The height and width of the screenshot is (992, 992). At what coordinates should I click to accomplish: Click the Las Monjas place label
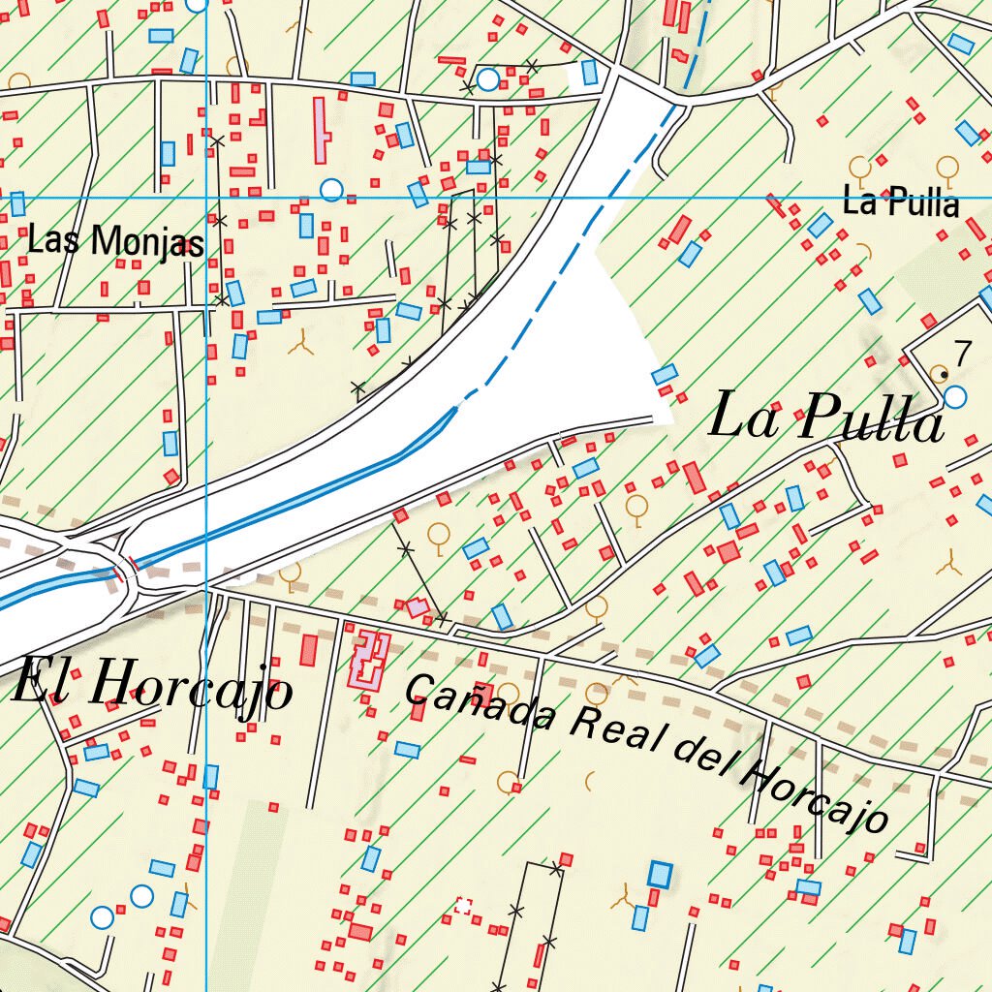click(x=115, y=242)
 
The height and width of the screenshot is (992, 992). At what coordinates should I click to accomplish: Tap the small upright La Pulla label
click(x=900, y=203)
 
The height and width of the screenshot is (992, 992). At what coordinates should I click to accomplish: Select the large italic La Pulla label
click(x=825, y=419)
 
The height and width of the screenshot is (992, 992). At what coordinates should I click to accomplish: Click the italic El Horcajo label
click(x=152, y=686)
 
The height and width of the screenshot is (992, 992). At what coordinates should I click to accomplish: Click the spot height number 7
click(x=960, y=354)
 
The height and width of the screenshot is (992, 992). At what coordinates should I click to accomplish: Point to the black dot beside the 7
click(x=944, y=373)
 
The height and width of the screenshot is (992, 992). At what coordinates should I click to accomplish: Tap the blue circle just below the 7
click(x=955, y=396)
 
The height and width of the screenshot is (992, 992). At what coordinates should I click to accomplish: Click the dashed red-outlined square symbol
click(x=463, y=907)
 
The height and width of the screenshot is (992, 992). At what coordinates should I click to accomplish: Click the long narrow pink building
click(x=321, y=131)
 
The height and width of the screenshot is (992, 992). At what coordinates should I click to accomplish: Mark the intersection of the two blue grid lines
click(x=207, y=197)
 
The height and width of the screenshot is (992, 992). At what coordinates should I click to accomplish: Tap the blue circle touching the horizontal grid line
click(x=331, y=190)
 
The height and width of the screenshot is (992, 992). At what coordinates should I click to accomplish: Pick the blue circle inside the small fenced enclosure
click(x=488, y=78)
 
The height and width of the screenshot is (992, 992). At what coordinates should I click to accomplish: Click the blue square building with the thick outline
click(x=660, y=874)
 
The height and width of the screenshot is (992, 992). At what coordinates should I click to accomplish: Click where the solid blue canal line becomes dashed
click(x=457, y=407)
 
